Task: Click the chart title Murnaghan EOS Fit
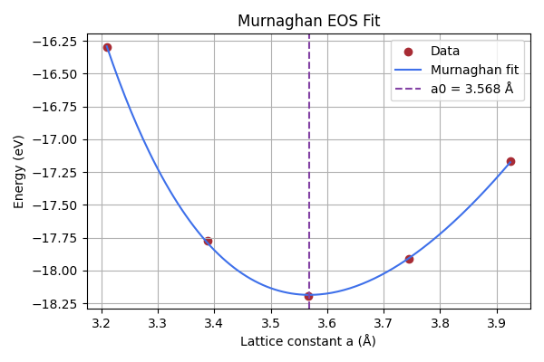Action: (x=308, y=21)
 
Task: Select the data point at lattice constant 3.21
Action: (x=107, y=47)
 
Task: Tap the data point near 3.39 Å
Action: (x=208, y=241)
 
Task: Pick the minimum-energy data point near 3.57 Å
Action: (x=308, y=296)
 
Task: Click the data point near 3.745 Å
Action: (x=409, y=259)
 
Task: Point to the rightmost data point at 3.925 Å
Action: (x=510, y=161)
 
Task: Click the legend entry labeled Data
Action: (x=445, y=52)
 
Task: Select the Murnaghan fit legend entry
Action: (x=468, y=70)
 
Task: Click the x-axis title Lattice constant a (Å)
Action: (x=308, y=341)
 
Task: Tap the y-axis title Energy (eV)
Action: (x=19, y=172)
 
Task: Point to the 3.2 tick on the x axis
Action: (x=102, y=322)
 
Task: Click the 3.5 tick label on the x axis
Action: (x=271, y=322)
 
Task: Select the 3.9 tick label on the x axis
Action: (x=497, y=322)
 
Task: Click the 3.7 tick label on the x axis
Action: (x=384, y=322)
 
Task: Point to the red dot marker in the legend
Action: (x=409, y=52)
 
